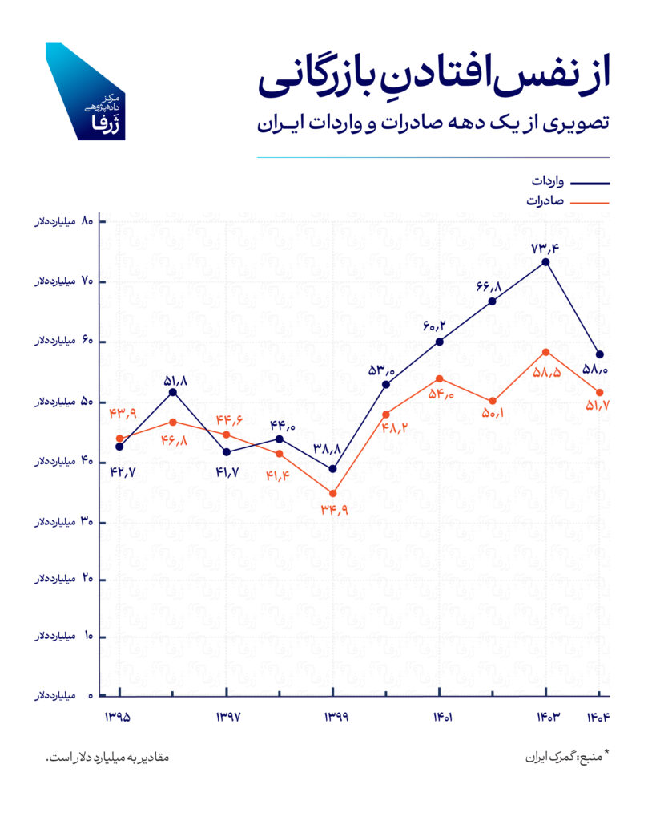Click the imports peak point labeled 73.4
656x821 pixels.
click(545, 262)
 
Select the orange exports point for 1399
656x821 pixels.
click(332, 494)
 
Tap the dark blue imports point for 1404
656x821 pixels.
click(600, 354)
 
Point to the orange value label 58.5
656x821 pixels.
click(547, 372)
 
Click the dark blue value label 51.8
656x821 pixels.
click(175, 381)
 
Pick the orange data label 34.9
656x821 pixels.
click(335, 509)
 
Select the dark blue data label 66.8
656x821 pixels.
click(489, 286)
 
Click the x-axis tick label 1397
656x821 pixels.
click(228, 717)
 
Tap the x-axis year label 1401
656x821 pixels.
click(443, 717)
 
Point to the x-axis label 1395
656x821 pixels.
click(118, 717)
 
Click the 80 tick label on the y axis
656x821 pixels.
click(64, 221)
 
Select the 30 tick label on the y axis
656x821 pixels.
click(64, 522)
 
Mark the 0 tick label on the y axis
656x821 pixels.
click(64, 696)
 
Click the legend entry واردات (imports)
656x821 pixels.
click(570, 182)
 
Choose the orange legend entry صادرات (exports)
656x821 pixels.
click(568, 201)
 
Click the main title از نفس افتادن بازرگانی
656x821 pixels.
click(433, 79)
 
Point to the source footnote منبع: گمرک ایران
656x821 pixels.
click(568, 757)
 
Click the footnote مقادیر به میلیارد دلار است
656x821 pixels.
click(107, 758)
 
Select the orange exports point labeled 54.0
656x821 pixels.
click(440, 378)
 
